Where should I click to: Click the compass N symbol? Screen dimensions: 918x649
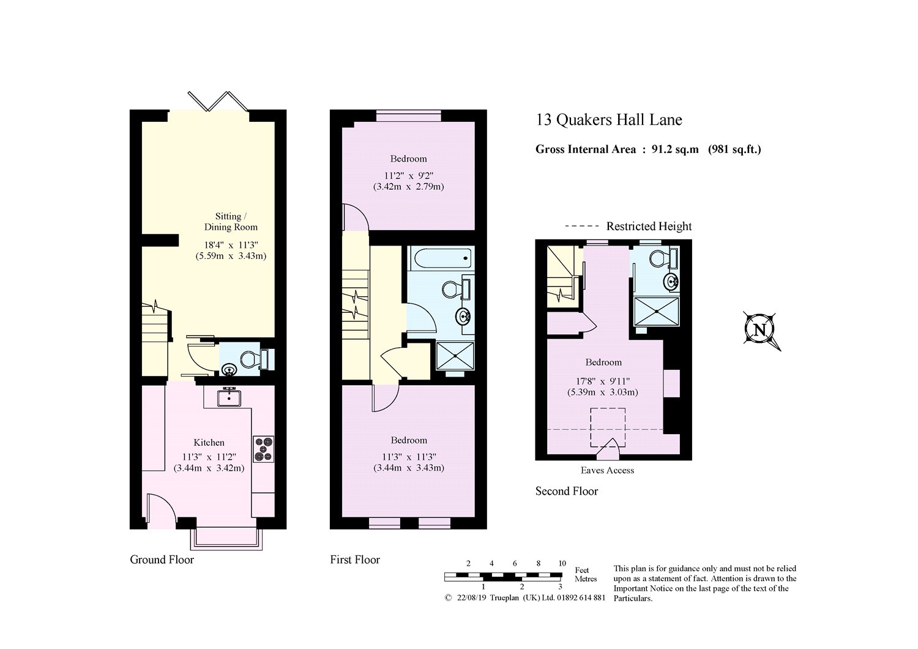click(x=760, y=329)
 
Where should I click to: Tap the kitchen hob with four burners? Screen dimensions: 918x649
click(x=264, y=449)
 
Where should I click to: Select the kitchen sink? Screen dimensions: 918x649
click(x=229, y=397)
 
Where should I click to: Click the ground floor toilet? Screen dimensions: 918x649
click(x=254, y=359)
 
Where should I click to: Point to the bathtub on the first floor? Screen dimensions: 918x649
click(x=441, y=258)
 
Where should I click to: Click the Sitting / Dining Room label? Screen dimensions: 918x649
click(x=231, y=222)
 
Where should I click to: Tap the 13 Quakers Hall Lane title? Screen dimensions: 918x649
click(x=609, y=120)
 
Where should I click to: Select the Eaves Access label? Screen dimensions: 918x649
click(x=607, y=470)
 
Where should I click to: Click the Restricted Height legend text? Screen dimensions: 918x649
click(x=649, y=227)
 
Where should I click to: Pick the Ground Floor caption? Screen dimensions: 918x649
click(x=162, y=560)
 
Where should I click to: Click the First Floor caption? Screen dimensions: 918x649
click(x=355, y=560)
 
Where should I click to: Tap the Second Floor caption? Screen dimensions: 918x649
click(x=567, y=491)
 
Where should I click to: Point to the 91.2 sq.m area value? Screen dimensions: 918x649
click(x=675, y=149)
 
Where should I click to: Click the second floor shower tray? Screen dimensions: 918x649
click(x=657, y=312)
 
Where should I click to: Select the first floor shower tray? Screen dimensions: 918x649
click(x=455, y=356)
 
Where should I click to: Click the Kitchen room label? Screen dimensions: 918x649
click(x=209, y=443)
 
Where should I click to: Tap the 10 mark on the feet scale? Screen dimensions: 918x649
click(x=562, y=563)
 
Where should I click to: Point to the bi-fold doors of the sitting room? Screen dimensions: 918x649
click(x=218, y=101)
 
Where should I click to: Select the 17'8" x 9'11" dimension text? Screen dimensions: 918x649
click(x=603, y=381)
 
